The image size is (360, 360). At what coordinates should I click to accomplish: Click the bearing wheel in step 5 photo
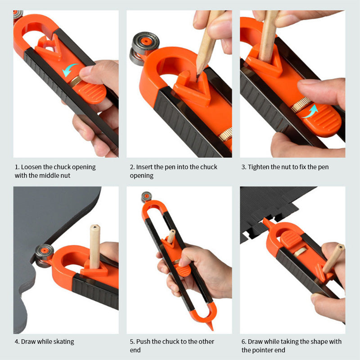(x=146, y=197)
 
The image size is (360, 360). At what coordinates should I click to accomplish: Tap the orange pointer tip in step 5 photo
(x=210, y=326)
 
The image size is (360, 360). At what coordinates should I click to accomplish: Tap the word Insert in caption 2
(x=145, y=167)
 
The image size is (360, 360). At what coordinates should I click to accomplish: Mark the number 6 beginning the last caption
(x=243, y=342)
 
